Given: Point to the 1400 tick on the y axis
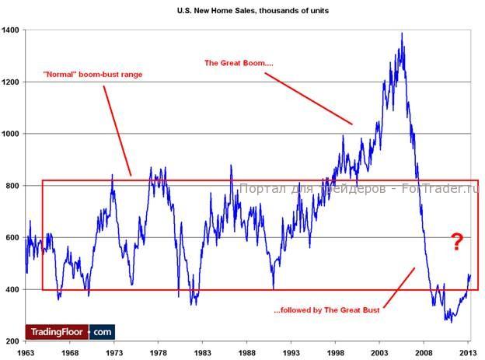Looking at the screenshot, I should (x=11, y=30).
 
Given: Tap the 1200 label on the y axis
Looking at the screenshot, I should (x=11, y=82).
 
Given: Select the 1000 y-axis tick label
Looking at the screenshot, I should (x=11, y=134).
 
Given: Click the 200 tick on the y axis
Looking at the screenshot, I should (x=13, y=341).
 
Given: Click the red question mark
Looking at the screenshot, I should (x=457, y=243).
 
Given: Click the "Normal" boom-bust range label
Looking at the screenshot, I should (x=92, y=75).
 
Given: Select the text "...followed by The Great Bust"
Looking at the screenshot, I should (x=326, y=310).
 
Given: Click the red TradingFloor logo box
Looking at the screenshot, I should (x=57, y=331).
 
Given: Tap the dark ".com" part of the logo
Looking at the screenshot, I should (x=102, y=331).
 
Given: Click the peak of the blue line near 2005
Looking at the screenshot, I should (x=402, y=33).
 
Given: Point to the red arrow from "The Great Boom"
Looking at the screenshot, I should (x=308, y=98).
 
